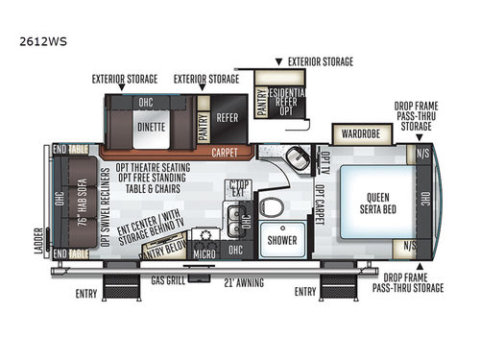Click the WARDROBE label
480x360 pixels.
click(x=363, y=134)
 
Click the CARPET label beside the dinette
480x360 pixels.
click(x=228, y=152)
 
